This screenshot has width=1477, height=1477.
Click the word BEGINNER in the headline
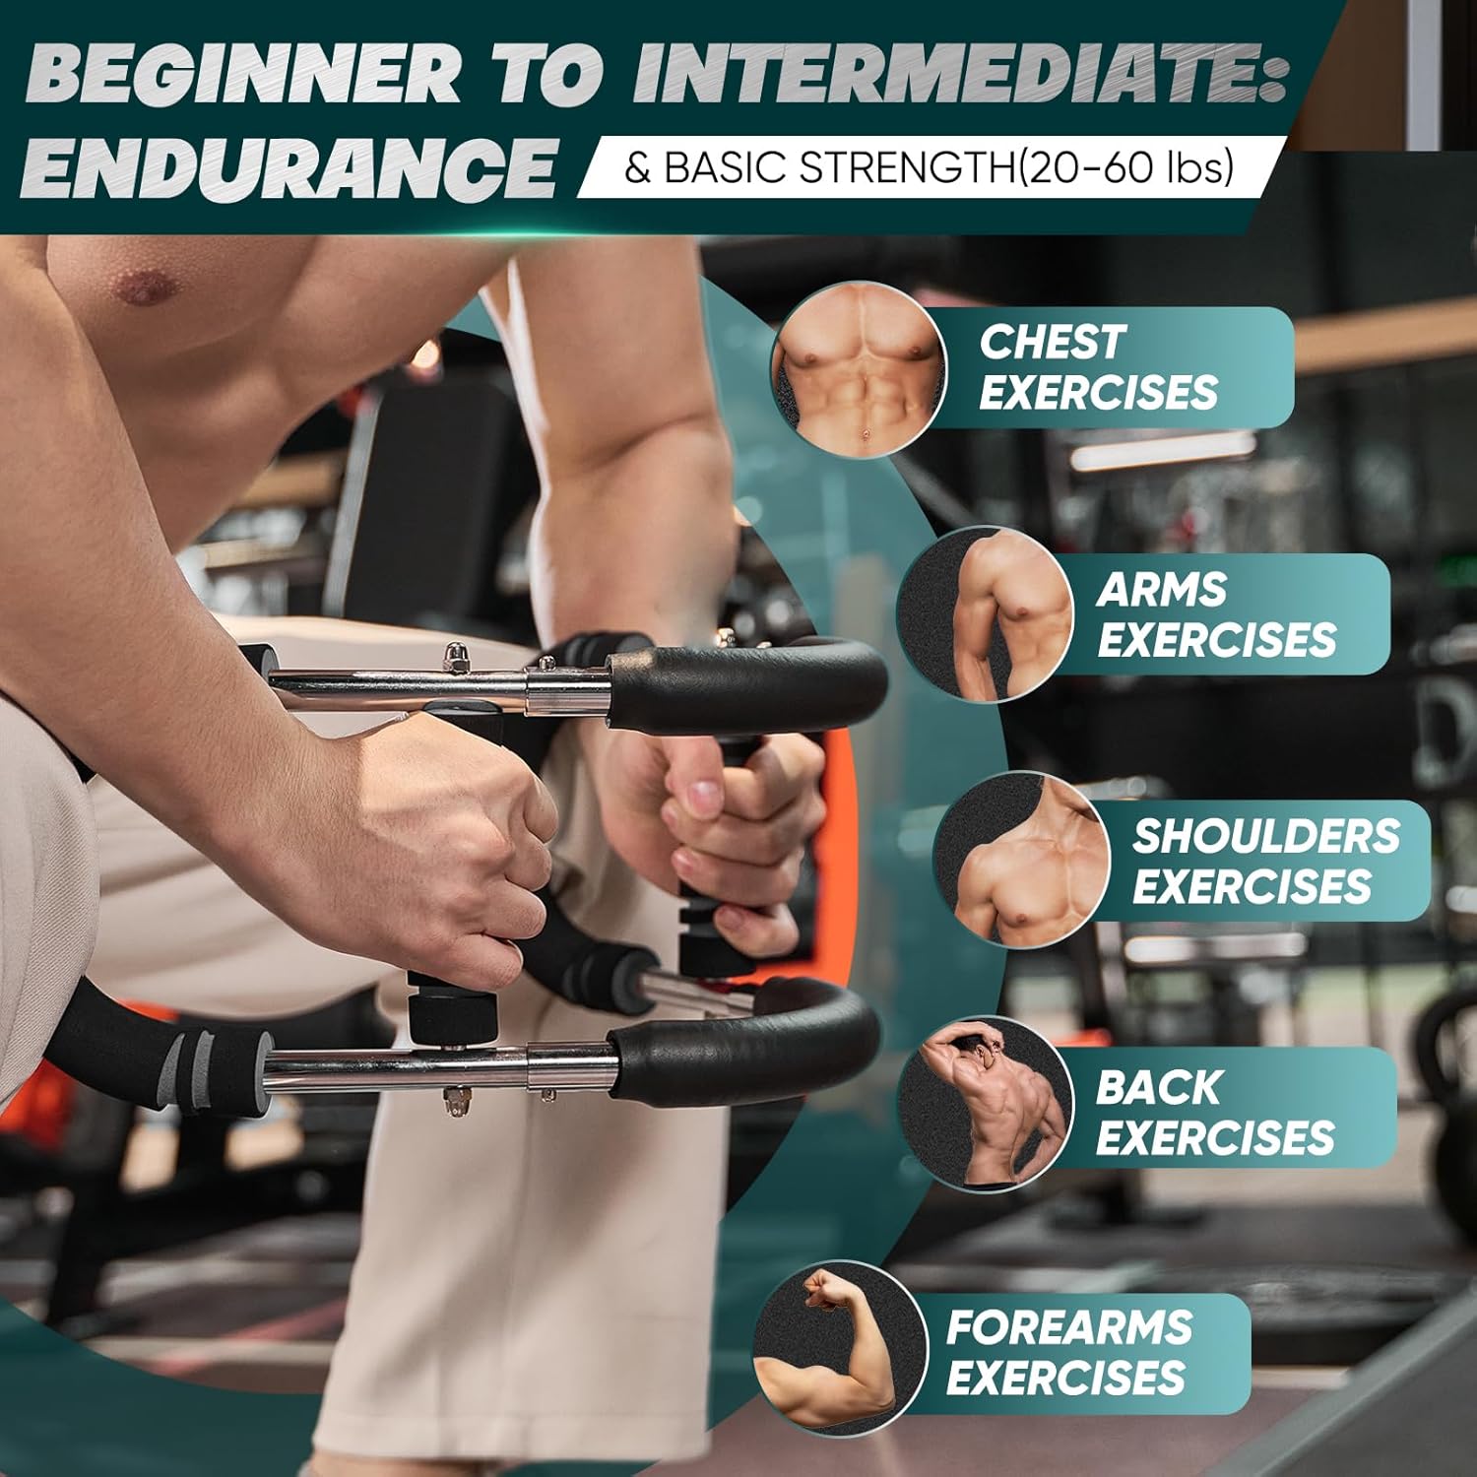pos(241,74)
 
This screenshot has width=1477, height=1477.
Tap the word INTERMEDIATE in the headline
pos(960,74)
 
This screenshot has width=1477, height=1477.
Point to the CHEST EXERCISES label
pos(1098,367)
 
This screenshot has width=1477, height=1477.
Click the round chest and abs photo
pos(859,369)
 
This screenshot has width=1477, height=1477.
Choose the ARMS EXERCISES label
pos(1216,614)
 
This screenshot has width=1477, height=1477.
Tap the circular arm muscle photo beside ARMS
pos(985,614)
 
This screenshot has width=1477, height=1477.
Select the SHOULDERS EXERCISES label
pos(1265,861)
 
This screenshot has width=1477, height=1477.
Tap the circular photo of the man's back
pos(985,1105)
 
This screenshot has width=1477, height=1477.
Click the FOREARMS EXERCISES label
pos(1068,1352)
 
